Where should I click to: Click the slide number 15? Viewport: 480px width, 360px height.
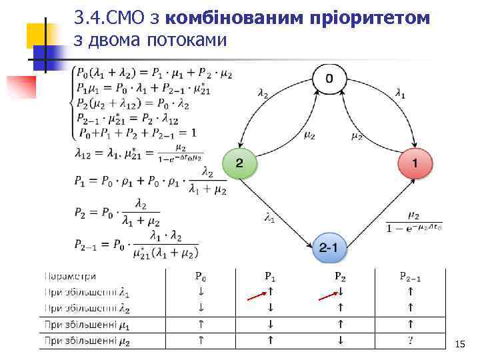pyautogui.click(x=459, y=344)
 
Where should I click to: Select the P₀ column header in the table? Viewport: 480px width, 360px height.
pyautogui.click(x=200, y=276)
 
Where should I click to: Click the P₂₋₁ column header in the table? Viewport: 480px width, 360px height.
pyautogui.click(x=410, y=276)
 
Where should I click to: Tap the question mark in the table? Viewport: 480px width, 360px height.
pyautogui.click(x=410, y=340)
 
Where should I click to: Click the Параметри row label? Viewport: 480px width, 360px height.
pyautogui.click(x=70, y=276)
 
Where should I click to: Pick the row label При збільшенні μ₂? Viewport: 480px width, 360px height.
pyautogui.click(x=87, y=341)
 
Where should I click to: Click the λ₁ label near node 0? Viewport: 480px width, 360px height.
pyautogui.click(x=400, y=94)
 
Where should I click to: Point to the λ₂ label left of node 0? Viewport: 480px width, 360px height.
pyautogui.click(x=263, y=94)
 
